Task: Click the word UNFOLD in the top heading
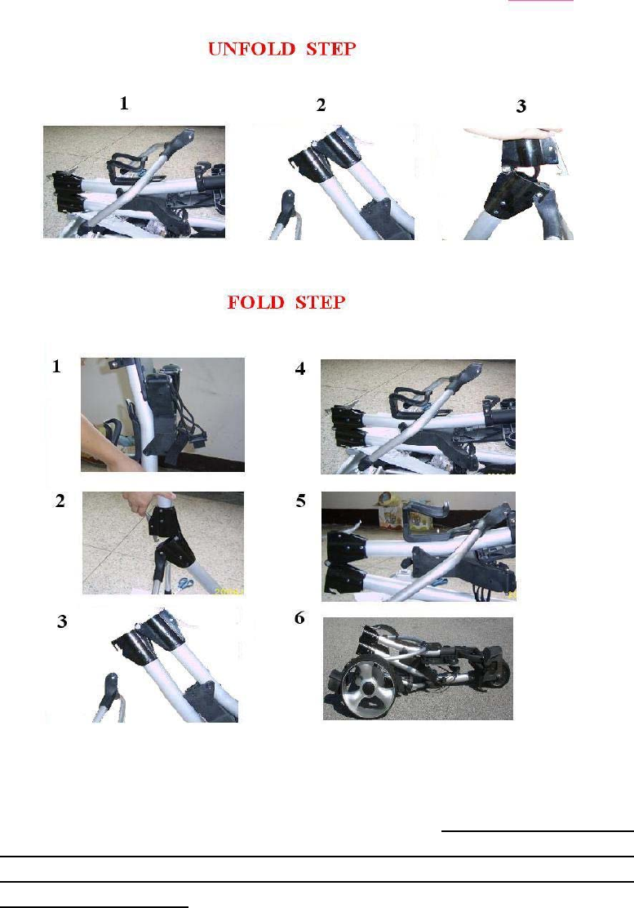(x=251, y=49)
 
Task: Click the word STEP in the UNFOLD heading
(x=331, y=49)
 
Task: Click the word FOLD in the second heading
(x=256, y=302)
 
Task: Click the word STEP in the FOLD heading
(x=321, y=302)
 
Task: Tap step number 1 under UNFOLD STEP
(x=124, y=103)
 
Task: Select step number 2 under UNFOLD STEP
(x=321, y=105)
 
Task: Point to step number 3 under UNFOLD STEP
(x=521, y=106)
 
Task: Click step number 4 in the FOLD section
(x=300, y=368)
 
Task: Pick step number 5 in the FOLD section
(x=301, y=501)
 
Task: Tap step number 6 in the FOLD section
(x=299, y=618)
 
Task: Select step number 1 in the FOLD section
(x=56, y=366)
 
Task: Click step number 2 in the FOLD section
(x=60, y=501)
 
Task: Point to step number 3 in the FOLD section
(x=62, y=621)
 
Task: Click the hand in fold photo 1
(x=110, y=443)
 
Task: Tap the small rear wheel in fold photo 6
(x=499, y=672)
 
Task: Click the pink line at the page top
(x=541, y=1)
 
